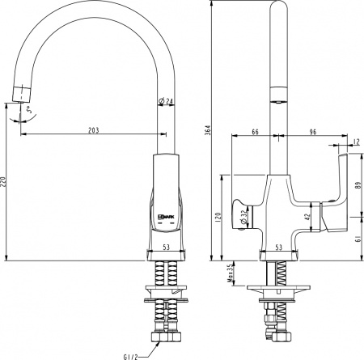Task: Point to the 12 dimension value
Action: click(357, 143)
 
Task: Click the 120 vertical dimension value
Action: click(217, 218)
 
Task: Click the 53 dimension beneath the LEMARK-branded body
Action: click(165, 248)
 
